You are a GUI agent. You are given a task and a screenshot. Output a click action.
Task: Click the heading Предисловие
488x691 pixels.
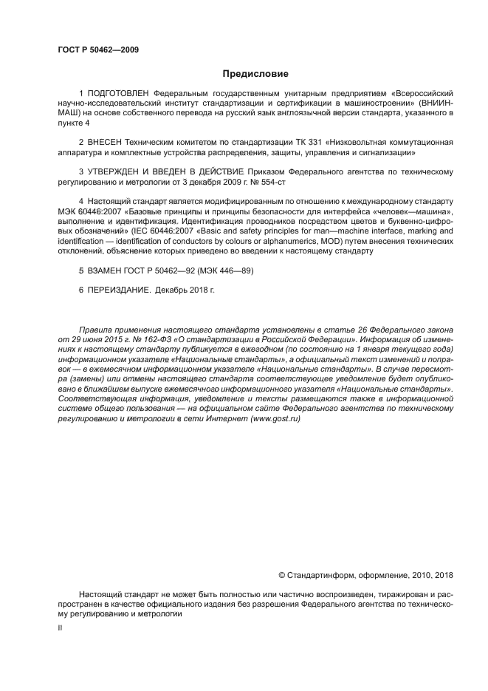tap(255, 74)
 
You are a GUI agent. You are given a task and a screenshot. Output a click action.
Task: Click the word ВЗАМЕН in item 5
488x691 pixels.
tap(103, 270)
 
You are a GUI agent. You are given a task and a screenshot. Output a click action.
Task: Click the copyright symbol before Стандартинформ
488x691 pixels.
tap(281, 575)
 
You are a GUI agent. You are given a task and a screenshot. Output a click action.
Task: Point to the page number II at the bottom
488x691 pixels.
tap(60, 627)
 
